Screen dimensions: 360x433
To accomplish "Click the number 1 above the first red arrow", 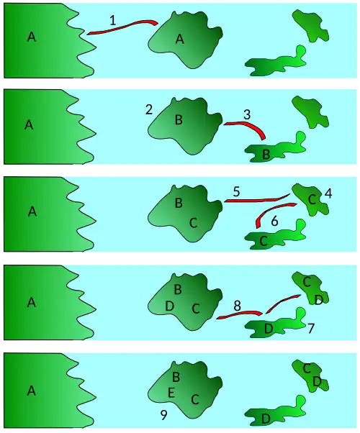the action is click(x=113, y=20).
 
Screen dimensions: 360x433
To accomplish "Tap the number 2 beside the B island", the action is click(x=149, y=109).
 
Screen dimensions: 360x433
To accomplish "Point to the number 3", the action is click(x=247, y=114).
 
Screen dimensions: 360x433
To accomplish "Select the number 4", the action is click(x=328, y=193).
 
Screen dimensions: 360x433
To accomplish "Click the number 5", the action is click(x=236, y=191).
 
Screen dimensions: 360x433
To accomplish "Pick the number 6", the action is click(x=274, y=222).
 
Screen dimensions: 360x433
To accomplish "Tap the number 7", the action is click(x=311, y=328).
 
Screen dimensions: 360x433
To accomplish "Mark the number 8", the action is click(x=237, y=306).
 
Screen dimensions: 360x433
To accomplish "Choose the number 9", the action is click(x=163, y=415).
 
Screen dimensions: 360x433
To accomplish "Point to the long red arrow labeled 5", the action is click(x=257, y=200).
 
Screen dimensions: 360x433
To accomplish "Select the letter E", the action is click(x=171, y=393).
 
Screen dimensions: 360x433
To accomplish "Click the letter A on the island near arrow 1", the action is click(x=180, y=40).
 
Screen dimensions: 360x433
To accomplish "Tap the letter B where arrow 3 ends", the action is click(x=266, y=155).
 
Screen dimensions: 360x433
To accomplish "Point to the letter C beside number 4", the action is click(x=312, y=199).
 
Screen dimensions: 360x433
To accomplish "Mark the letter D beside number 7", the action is click(x=269, y=329).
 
